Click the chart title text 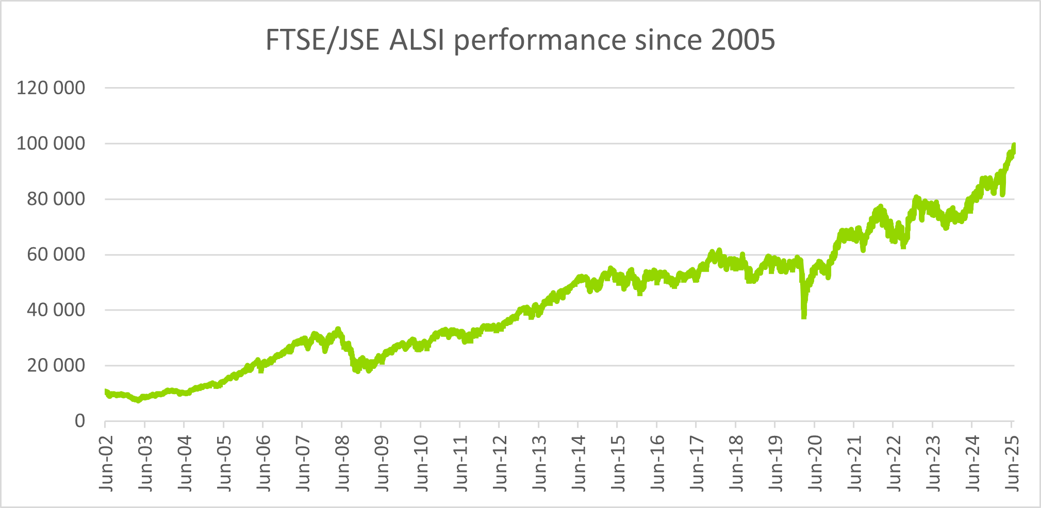point(520,40)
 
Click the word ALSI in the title point(417,40)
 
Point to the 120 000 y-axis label point(51,88)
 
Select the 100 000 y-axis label point(51,144)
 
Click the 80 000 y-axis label point(56,199)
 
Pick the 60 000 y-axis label point(56,255)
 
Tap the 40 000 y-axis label point(56,310)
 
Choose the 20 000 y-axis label point(56,366)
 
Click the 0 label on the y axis point(79,421)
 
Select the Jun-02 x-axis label point(105,464)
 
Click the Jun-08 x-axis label point(341,464)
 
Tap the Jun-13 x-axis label point(538,464)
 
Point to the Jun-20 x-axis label point(814,464)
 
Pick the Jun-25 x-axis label point(1011,464)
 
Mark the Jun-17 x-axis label point(696,464)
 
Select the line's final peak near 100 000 point(1014,146)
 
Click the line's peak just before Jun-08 point(338,329)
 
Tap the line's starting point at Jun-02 point(106,392)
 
